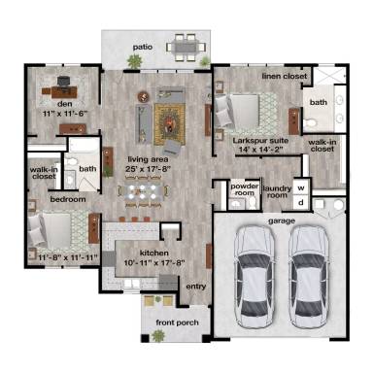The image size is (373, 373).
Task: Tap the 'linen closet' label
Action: [x=284, y=76]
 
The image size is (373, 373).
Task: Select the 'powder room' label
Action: [x=244, y=188]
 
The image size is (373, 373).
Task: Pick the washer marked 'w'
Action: [x=301, y=186]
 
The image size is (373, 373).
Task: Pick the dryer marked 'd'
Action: [x=301, y=201]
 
